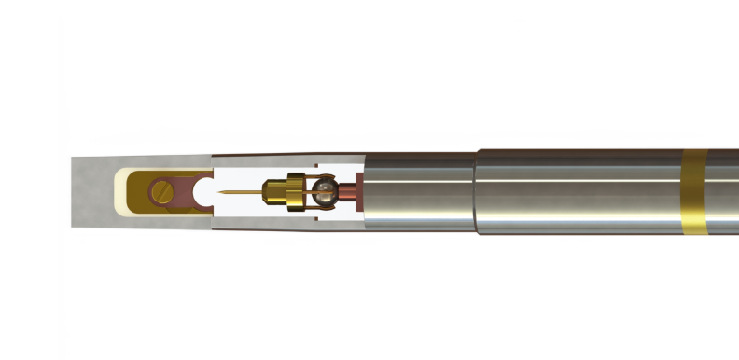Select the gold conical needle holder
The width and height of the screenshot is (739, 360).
272,192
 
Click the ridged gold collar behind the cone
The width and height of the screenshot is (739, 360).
295,192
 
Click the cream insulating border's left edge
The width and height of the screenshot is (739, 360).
116,191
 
